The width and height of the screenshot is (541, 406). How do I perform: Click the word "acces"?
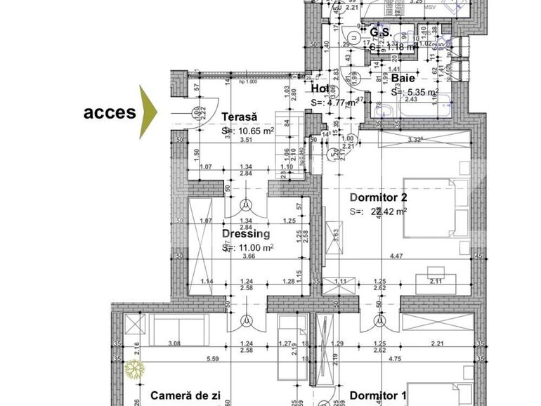pyautogui.click(x=110, y=112)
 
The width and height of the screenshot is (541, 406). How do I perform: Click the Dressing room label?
pyautogui.click(x=245, y=234)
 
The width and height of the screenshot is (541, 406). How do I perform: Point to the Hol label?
pyautogui.click(x=319, y=89)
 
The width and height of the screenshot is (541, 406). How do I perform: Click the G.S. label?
pyautogui.click(x=380, y=33)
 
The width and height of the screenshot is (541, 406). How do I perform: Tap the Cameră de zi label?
pyautogui.click(x=185, y=396)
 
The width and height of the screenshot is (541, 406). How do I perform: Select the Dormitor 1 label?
pyautogui.click(x=378, y=396)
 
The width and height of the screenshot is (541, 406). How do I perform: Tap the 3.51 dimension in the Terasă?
pyautogui.click(x=245, y=140)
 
